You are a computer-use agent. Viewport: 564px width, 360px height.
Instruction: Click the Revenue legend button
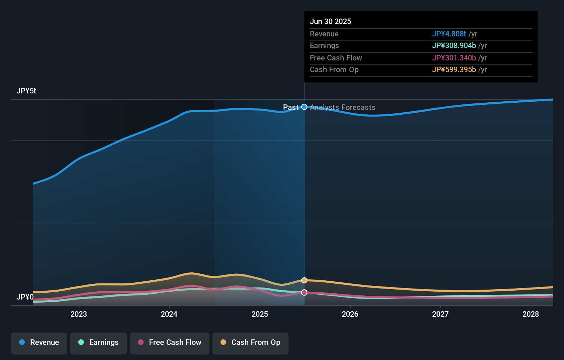click(39, 342)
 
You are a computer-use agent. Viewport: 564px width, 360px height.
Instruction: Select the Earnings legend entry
click(99, 342)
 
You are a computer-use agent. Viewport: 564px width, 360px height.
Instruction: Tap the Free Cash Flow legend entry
click(170, 342)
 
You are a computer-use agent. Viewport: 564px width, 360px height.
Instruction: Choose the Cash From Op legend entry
click(250, 342)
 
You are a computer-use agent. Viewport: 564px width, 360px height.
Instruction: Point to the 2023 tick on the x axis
click(79, 314)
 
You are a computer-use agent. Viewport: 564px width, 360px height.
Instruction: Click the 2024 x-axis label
click(169, 314)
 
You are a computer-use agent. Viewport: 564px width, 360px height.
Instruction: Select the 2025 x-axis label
click(260, 314)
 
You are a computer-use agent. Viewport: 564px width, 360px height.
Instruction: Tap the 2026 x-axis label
click(350, 314)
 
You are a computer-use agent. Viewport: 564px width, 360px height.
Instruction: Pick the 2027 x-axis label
click(440, 314)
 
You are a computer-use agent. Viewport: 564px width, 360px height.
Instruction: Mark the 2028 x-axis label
click(531, 314)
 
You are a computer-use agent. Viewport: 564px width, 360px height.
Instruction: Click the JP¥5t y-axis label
click(26, 91)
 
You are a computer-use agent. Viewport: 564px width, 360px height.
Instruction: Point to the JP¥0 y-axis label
click(25, 297)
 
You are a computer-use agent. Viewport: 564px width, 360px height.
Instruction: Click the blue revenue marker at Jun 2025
click(304, 107)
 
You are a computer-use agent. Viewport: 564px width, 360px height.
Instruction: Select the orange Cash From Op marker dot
click(304, 280)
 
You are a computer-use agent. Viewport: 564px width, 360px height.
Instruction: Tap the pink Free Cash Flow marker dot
click(304, 292)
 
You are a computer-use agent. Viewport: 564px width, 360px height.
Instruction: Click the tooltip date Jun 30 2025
click(330, 21)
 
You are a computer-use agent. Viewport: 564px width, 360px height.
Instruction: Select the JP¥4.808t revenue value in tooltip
click(449, 34)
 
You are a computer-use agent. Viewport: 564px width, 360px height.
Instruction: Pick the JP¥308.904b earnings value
click(454, 46)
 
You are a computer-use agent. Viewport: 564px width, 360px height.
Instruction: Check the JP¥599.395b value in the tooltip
click(454, 70)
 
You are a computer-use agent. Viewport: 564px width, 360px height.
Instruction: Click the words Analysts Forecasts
click(342, 108)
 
